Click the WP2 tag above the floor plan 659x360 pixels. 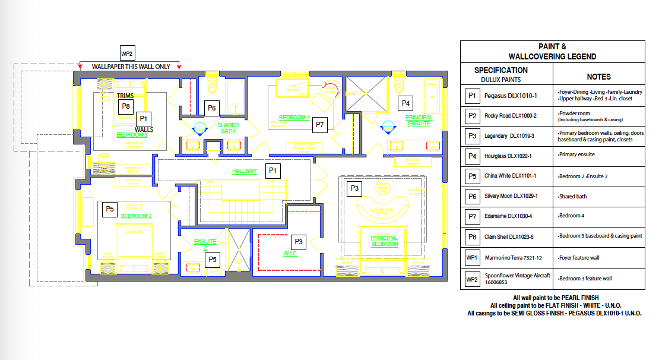click(127, 53)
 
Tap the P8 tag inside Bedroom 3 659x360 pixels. click(125, 106)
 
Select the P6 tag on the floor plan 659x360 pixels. click(211, 108)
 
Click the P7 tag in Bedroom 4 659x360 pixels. click(320, 125)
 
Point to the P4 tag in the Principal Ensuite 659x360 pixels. click(405, 103)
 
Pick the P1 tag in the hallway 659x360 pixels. click(273, 170)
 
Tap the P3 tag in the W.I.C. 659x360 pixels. click(299, 241)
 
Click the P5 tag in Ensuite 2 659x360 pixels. click(213, 260)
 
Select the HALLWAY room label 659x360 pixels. click(245, 171)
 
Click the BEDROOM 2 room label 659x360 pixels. click(136, 216)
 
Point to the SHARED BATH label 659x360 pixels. click(228, 128)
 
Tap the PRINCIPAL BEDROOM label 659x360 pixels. click(384, 241)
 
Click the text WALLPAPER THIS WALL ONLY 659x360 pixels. click(131, 67)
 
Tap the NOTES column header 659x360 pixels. click(598, 77)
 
